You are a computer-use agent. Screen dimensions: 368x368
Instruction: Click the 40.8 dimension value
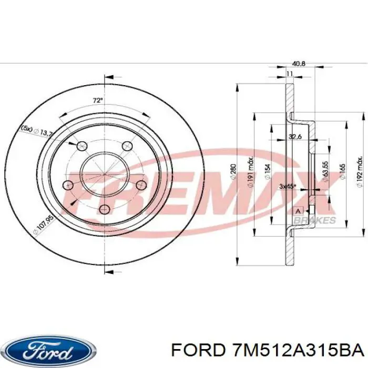point(298,64)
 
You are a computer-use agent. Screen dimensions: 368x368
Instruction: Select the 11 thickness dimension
point(289,75)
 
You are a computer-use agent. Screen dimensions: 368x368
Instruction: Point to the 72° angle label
point(98,100)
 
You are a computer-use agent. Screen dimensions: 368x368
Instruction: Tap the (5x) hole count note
point(26,127)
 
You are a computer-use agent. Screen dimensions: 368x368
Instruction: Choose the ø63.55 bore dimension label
point(326,174)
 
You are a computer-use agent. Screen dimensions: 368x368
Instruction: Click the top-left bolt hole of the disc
point(81,146)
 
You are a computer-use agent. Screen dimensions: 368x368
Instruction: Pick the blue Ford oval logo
point(48,349)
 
